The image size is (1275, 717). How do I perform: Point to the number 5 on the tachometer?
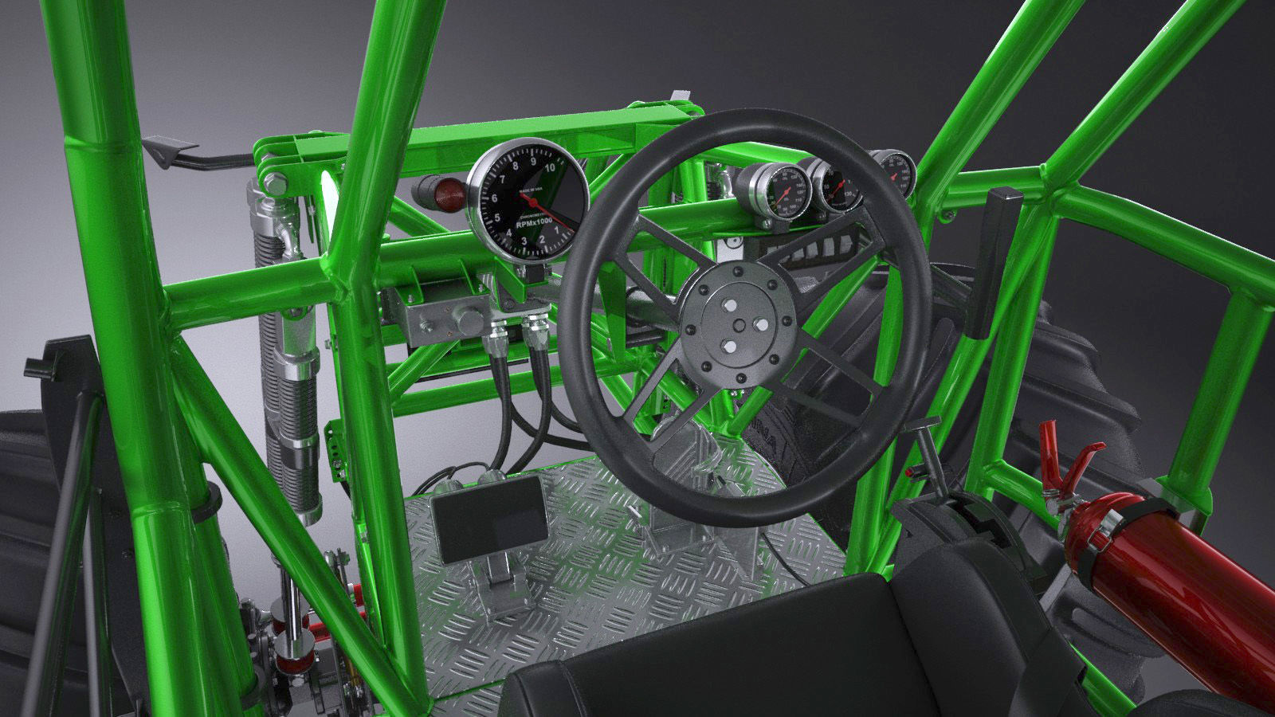497,217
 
